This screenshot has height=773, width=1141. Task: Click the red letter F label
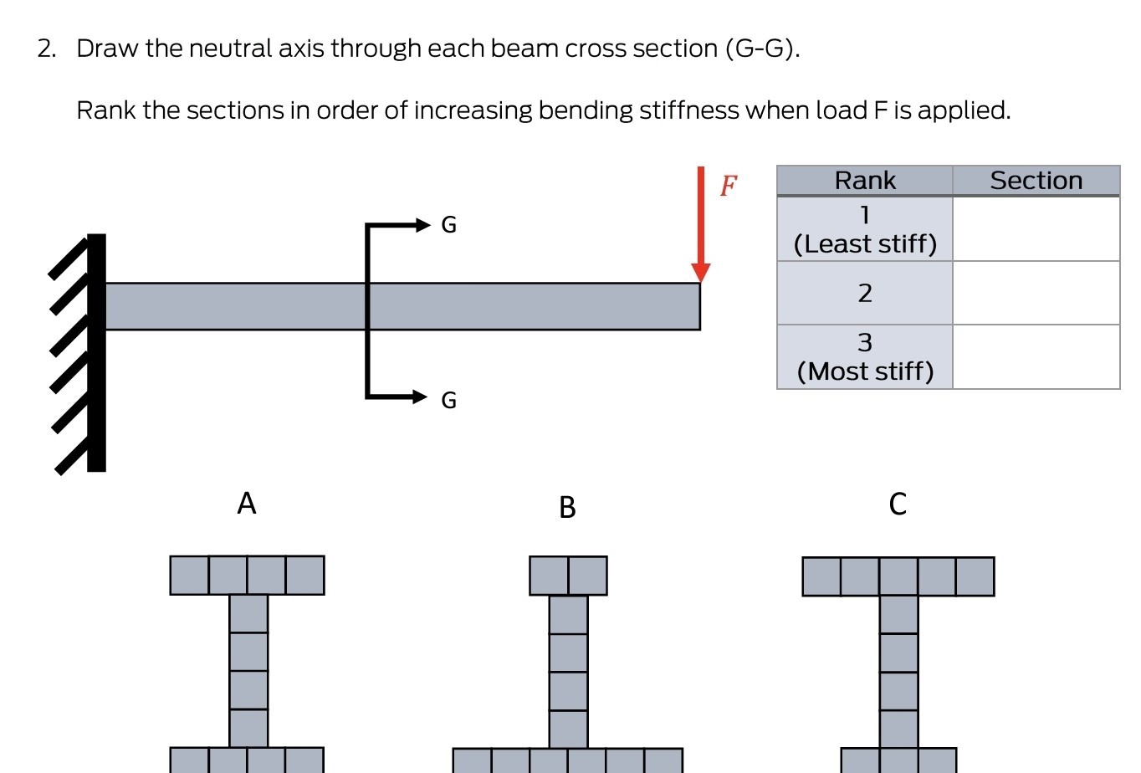[x=729, y=186]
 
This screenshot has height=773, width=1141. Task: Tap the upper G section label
[x=448, y=225]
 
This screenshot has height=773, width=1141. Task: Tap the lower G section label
[x=448, y=401]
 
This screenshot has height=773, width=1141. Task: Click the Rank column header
[x=864, y=181]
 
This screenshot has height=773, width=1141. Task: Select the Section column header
[x=1036, y=181]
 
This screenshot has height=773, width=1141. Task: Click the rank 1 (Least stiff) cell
[x=864, y=229]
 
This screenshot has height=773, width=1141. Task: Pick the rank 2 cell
[x=864, y=293]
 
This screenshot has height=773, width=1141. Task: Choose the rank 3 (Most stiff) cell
[x=864, y=357]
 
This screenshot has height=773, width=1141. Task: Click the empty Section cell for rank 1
[x=1036, y=229]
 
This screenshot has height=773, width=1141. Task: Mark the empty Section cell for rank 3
[x=1036, y=357]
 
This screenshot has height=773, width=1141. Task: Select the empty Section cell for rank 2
[x=1036, y=293]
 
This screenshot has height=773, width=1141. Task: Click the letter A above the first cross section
[x=246, y=504]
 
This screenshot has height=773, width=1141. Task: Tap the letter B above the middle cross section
[x=567, y=508]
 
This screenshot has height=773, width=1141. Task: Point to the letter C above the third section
[x=898, y=504]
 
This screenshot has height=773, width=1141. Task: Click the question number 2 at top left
[x=46, y=49]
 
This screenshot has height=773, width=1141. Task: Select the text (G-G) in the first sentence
[x=762, y=49]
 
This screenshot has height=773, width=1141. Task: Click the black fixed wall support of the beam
[x=96, y=352]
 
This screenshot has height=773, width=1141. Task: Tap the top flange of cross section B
[x=568, y=576]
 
